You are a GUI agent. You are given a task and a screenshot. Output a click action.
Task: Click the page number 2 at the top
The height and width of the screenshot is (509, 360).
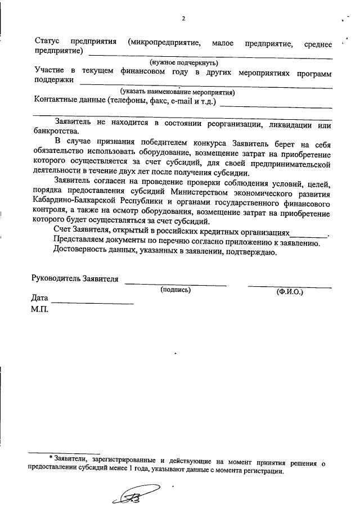tap(183, 18)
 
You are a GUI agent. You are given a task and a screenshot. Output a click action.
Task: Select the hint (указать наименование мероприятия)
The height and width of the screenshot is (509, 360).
tap(177, 92)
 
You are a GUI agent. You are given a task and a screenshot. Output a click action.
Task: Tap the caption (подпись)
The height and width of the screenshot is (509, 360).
tap(175, 290)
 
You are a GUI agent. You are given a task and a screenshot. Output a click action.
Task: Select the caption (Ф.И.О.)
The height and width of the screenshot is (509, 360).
tap(290, 292)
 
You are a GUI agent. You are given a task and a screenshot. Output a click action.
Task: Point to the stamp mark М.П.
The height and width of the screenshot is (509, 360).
tap(40, 309)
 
